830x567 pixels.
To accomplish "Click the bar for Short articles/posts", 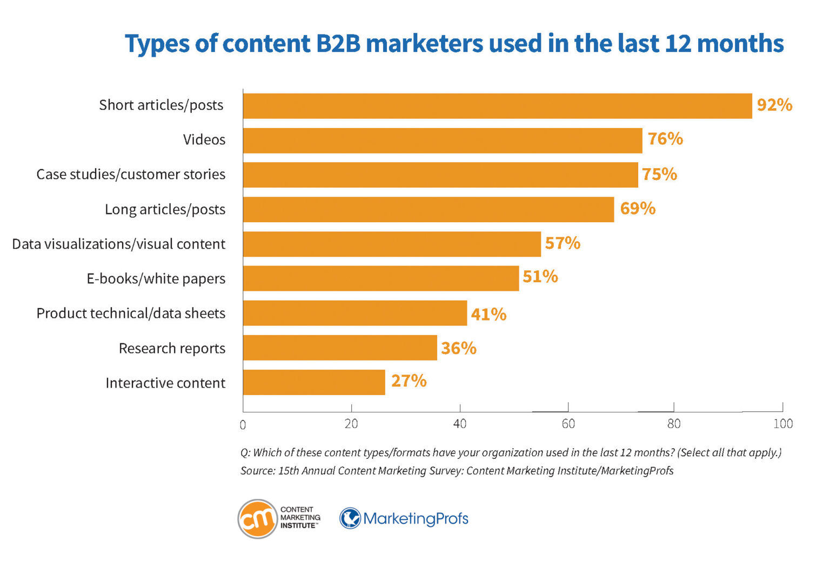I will click(497, 106).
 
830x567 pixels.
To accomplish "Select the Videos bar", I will click(442, 141).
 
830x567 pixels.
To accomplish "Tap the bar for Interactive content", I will click(314, 382).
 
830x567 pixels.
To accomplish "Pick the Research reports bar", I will click(339, 348).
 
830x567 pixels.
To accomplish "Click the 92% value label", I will click(774, 105).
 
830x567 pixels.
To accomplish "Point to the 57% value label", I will click(562, 243).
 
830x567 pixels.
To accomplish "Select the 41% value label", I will click(488, 314).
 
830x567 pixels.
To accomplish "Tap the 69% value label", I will click(637, 209).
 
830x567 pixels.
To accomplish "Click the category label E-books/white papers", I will click(156, 279).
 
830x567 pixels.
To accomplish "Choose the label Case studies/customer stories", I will click(131, 175).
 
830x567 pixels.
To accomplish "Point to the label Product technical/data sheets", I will click(131, 313).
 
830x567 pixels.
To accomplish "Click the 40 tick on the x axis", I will click(460, 424).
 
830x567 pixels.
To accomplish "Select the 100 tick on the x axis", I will click(782, 424).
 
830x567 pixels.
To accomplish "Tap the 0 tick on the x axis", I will click(243, 425).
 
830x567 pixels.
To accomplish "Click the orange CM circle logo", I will click(258, 519).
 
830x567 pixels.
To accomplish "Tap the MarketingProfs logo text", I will click(416, 519).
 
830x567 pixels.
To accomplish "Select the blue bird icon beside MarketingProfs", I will click(350, 518).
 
